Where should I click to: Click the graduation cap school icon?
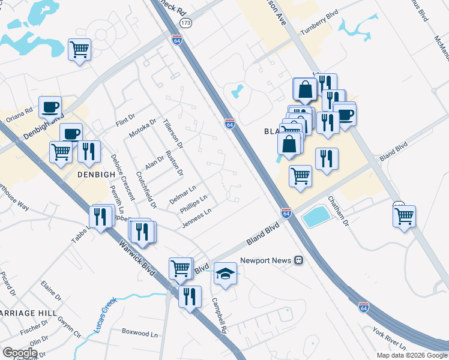point(225,273)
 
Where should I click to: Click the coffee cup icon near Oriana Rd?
point(50,107)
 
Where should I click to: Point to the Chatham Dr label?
point(338,211)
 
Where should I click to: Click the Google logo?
point(20,353)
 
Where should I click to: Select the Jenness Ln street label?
point(197,219)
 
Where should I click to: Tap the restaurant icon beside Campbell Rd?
point(190,296)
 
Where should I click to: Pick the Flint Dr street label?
point(125,122)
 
